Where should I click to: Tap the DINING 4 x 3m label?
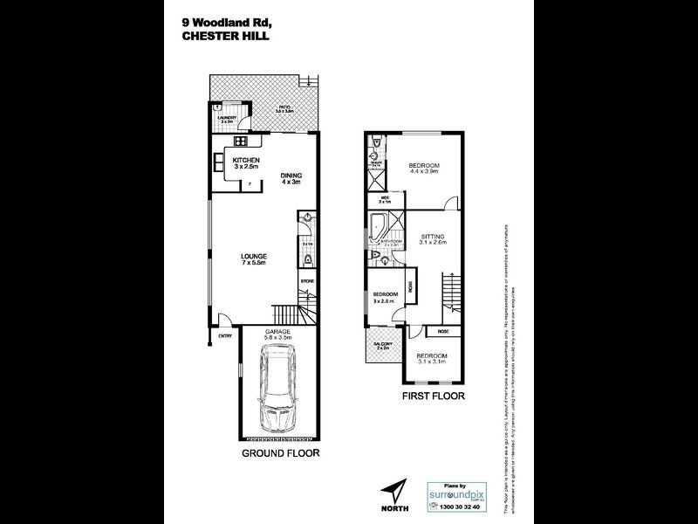(290, 178)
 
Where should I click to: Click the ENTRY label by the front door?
(225, 335)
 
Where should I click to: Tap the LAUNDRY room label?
(227, 118)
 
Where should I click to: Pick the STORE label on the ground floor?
(306, 281)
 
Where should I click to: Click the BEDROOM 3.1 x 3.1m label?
(431, 359)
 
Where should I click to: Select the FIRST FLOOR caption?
(433, 396)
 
